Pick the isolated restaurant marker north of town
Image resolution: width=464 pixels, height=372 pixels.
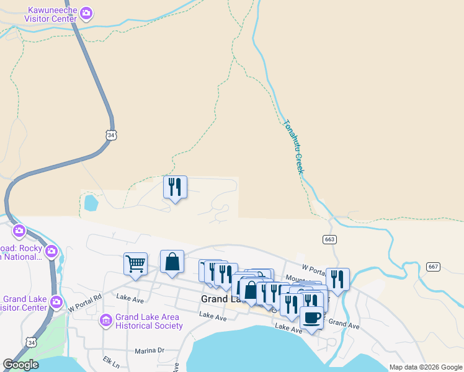click(175, 187)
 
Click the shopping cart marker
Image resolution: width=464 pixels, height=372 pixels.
click(135, 264)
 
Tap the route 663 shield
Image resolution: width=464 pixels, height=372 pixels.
click(329, 239)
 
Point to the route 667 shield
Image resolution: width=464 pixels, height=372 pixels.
click(434, 267)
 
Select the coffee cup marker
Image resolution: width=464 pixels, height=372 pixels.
click(311, 318)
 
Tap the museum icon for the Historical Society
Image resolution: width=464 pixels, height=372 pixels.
click(105, 321)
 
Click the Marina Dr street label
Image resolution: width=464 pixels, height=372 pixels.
click(149, 350)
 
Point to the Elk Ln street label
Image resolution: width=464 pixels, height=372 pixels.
click(98, 359)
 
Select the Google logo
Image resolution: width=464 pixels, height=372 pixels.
click(20, 365)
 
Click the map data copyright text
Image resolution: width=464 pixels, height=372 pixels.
click(426, 367)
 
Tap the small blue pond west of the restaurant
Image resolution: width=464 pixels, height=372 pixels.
click(91, 202)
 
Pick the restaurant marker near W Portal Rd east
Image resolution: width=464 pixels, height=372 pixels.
click(337, 280)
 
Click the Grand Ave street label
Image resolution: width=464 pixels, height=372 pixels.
click(344, 324)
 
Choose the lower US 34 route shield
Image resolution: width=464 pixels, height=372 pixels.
click(31, 342)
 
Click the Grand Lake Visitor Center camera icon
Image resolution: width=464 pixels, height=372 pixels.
click(56, 302)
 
